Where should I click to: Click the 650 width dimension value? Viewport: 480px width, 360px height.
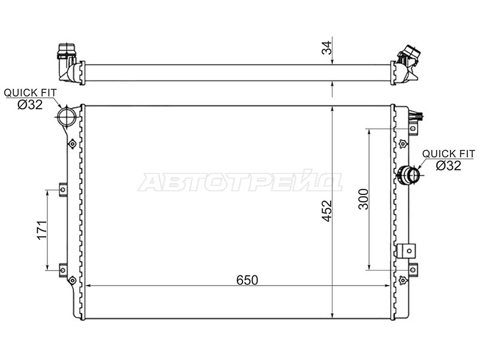(247, 280)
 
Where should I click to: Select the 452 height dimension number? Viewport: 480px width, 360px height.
(327, 211)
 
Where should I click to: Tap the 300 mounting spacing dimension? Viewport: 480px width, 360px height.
(364, 199)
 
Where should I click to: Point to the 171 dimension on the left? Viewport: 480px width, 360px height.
(42, 230)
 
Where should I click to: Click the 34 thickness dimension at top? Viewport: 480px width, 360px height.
(326, 47)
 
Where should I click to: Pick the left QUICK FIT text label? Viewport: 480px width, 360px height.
(30, 92)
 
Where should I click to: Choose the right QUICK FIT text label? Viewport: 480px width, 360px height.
(448, 154)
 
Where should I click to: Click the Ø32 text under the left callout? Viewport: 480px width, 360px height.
(30, 104)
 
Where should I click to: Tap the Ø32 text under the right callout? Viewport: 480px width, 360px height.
(448, 166)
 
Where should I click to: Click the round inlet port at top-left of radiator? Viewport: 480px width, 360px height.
(67, 116)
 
